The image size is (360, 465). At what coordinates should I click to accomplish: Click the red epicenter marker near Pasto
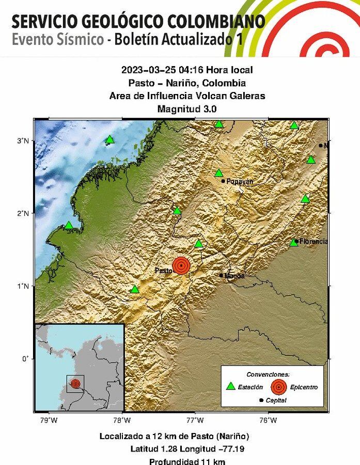point(181,265)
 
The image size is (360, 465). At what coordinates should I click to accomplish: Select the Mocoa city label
point(234,276)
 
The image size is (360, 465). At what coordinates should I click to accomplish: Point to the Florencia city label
point(314,241)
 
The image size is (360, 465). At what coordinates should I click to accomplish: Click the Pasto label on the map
point(163,271)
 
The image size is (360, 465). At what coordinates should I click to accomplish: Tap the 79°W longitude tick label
point(49,420)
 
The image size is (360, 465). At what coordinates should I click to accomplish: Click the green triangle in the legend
point(231,386)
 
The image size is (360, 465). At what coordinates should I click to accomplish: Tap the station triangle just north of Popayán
point(219,173)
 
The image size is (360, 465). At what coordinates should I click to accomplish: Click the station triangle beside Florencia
point(294,242)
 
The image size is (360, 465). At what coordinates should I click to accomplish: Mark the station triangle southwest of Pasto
point(135,289)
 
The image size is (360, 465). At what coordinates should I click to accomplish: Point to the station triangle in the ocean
point(109,139)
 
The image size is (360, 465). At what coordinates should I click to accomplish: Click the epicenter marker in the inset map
point(76,384)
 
